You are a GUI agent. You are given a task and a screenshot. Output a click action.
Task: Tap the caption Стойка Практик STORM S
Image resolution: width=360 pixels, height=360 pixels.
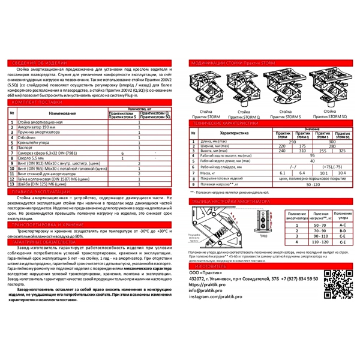point(289,115)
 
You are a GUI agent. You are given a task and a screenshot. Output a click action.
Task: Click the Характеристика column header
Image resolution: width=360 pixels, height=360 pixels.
point(233,133)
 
